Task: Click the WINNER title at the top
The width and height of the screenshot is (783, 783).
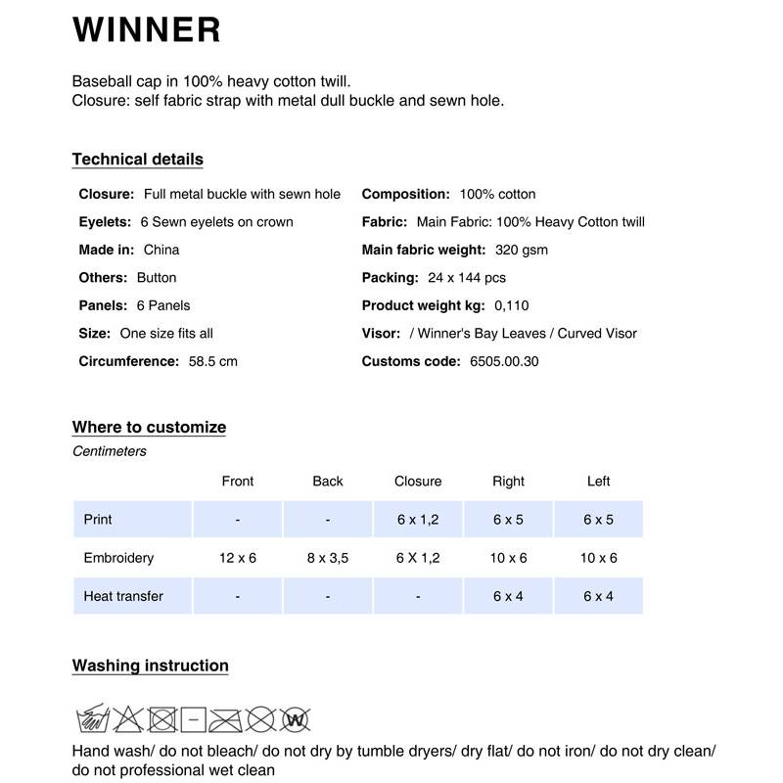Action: pyautogui.click(x=146, y=29)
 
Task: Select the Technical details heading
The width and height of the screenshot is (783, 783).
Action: pyautogui.click(x=137, y=160)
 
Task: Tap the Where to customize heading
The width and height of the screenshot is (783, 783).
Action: pyautogui.click(x=149, y=427)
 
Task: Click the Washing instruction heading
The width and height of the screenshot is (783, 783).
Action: pyautogui.click(x=150, y=666)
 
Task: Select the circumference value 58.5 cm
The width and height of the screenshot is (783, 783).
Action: pyautogui.click(x=213, y=361)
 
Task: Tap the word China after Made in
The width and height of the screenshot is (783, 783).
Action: pyautogui.click(x=161, y=250)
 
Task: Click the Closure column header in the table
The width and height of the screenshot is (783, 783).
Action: pyautogui.click(x=418, y=481)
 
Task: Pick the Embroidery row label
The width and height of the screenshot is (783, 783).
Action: pyautogui.click(x=118, y=558)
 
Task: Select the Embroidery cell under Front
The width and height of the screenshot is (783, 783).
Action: pyautogui.click(x=237, y=558)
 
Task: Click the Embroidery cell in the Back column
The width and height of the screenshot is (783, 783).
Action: pyautogui.click(x=327, y=558)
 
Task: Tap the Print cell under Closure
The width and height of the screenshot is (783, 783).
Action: pyautogui.click(x=418, y=520)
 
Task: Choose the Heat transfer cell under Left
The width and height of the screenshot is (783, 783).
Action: pyautogui.click(x=598, y=596)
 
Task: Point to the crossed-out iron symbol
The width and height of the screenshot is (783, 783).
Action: pyautogui.click(x=225, y=720)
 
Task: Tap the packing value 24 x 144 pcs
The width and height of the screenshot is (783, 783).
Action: pyautogui.click(x=467, y=278)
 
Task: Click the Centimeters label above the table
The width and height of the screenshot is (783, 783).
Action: pyautogui.click(x=110, y=451)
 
